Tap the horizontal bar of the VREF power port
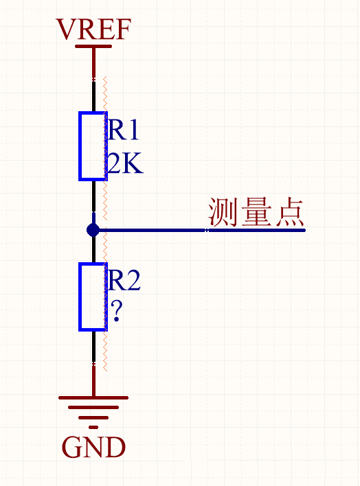(93, 47)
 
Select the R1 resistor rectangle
(93, 146)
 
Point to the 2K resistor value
(124, 164)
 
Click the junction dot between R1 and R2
(93, 230)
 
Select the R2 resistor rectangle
(93, 296)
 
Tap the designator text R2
(124, 280)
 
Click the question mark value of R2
(116, 313)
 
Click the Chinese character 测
(223, 213)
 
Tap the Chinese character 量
(256, 213)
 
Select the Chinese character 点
(289, 213)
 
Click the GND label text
(93, 448)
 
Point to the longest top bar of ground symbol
(93, 397)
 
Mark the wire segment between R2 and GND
(93, 364)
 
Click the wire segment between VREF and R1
(93, 79)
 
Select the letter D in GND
(116, 448)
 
